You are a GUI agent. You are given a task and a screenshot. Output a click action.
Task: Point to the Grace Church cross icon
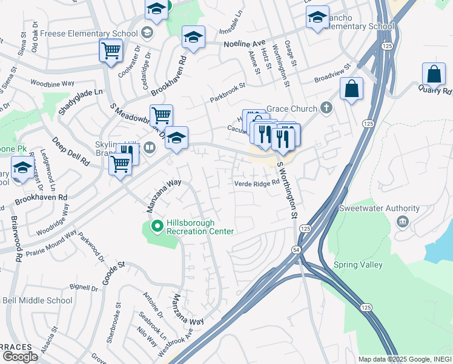click(x=327, y=109)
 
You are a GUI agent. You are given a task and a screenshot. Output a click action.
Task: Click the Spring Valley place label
click(x=358, y=265)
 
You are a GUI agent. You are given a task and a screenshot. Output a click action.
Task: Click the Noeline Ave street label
click(x=245, y=44)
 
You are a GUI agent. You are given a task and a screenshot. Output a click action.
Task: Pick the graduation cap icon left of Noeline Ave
click(x=193, y=37)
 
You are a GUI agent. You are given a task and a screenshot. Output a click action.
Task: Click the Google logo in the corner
click(x=20, y=357)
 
